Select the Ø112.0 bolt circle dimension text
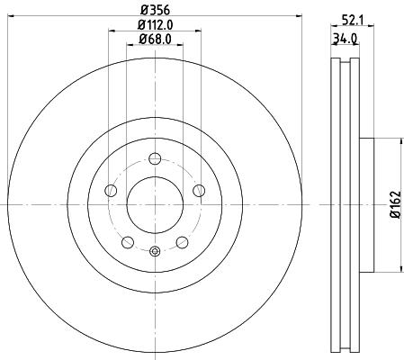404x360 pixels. pyautogui.click(x=155, y=24)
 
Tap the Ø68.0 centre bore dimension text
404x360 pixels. pyautogui.click(x=155, y=39)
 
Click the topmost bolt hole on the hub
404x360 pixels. pyautogui.click(x=154, y=159)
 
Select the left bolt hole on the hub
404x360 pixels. pyautogui.click(x=111, y=191)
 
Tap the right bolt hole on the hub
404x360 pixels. pyautogui.click(x=198, y=191)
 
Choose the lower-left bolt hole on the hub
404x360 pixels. pyautogui.click(x=127, y=241)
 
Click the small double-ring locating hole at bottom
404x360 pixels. pyautogui.click(x=154, y=251)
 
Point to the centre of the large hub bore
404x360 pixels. pyautogui.click(x=154, y=203)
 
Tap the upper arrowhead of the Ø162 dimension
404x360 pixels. pyautogui.click(x=399, y=139)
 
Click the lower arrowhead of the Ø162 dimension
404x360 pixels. pyautogui.click(x=399, y=269)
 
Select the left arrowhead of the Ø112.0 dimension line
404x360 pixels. pyautogui.click(x=111, y=31)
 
